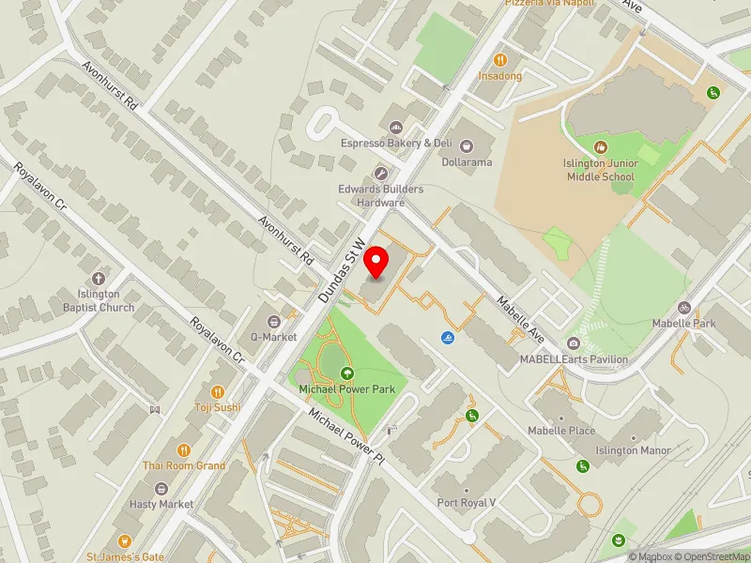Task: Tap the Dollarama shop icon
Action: pyautogui.click(x=467, y=145)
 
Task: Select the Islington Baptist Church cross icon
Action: pyautogui.click(x=99, y=278)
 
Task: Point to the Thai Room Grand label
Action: pyautogui.click(x=184, y=465)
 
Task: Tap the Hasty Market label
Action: pyautogui.click(x=161, y=504)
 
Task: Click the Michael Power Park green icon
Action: pyautogui.click(x=346, y=373)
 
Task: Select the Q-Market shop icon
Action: pyautogui.click(x=273, y=321)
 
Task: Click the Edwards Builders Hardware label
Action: pyautogui.click(x=380, y=195)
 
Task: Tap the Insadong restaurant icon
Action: pyautogui.click(x=499, y=58)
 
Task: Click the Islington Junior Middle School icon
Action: pyautogui.click(x=601, y=146)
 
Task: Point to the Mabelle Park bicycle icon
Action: pyautogui.click(x=685, y=307)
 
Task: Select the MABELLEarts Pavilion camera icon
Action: pyautogui.click(x=573, y=342)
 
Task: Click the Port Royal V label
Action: pyautogui.click(x=467, y=503)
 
